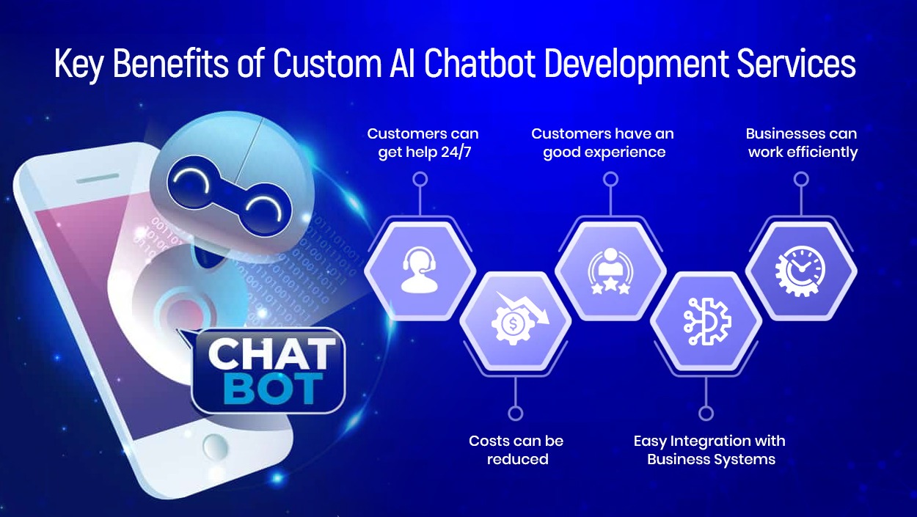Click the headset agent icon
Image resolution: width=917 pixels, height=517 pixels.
(419, 269)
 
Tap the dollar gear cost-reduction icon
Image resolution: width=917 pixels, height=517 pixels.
(519, 318)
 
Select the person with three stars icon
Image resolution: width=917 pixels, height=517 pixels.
(610, 271)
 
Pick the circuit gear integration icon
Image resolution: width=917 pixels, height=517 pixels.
(706, 322)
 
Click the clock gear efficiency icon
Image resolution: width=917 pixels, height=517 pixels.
(800, 271)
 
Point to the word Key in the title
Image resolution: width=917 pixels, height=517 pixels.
(78, 65)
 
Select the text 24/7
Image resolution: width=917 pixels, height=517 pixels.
(456, 153)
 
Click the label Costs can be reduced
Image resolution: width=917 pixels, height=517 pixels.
(516, 450)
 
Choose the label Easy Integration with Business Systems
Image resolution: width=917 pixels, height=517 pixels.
(710, 450)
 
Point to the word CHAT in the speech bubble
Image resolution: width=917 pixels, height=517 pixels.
(271, 353)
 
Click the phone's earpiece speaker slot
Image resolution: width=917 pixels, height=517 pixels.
(98, 179)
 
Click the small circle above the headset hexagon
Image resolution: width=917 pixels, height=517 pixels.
(420, 179)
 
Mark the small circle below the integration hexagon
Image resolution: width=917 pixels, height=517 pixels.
(706, 414)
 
